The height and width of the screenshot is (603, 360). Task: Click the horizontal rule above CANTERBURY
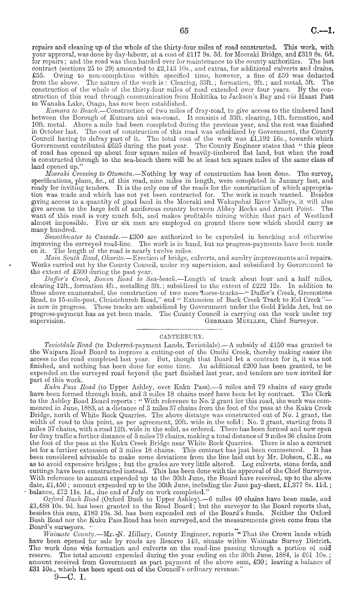180,329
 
